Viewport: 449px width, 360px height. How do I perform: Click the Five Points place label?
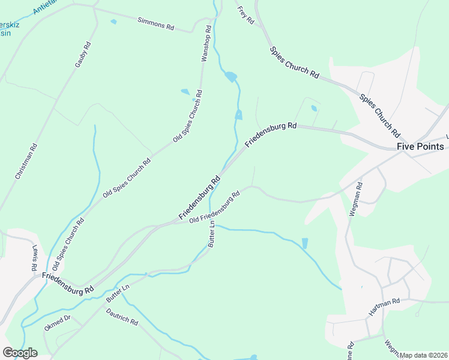(420, 146)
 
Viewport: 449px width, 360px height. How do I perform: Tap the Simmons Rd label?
(155, 24)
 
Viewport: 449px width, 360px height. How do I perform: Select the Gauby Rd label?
(83, 54)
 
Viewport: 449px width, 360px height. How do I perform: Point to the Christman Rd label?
(26, 161)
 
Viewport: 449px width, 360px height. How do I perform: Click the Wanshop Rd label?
(205, 43)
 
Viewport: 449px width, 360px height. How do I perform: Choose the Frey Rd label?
(246, 16)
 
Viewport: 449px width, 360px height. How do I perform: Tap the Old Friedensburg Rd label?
(214, 207)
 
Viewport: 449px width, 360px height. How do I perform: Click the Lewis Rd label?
(34, 257)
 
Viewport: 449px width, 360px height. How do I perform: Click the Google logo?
(20, 352)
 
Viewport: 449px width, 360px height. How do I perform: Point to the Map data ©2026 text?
(423, 355)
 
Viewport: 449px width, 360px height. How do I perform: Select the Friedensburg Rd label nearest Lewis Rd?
(68, 283)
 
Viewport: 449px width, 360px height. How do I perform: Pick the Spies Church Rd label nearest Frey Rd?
(294, 61)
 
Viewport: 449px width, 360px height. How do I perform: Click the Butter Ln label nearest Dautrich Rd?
(118, 293)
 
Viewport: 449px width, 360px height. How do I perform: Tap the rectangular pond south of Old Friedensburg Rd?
(304, 243)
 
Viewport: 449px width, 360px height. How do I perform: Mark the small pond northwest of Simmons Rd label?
(113, 22)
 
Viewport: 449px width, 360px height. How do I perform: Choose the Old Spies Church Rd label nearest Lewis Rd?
(68, 243)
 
